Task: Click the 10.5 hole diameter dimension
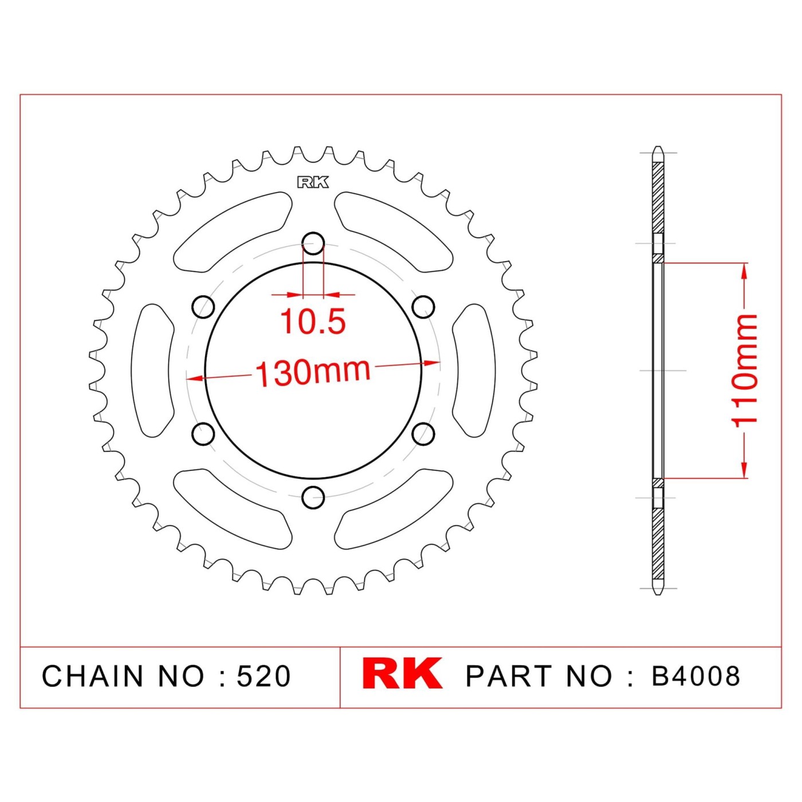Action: (x=313, y=322)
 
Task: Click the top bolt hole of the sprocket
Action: (x=313, y=243)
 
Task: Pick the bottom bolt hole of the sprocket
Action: (x=313, y=496)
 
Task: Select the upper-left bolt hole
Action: (x=203, y=306)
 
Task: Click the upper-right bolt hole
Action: (x=423, y=306)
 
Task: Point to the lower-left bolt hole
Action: (x=203, y=433)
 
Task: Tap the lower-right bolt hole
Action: (x=423, y=433)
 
